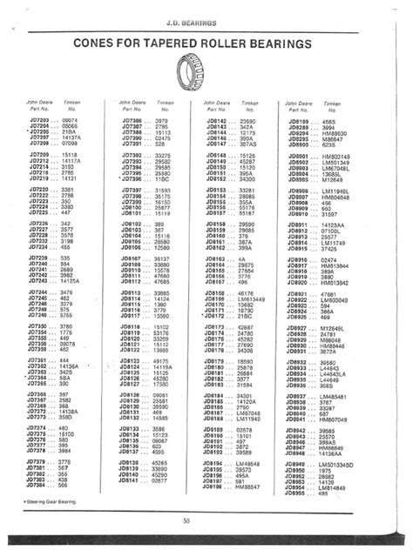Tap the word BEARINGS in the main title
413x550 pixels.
(x=278, y=42)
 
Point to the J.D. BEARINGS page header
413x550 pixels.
(x=204, y=15)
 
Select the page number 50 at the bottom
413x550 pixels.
(x=186, y=520)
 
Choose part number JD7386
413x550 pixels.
(x=132, y=121)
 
